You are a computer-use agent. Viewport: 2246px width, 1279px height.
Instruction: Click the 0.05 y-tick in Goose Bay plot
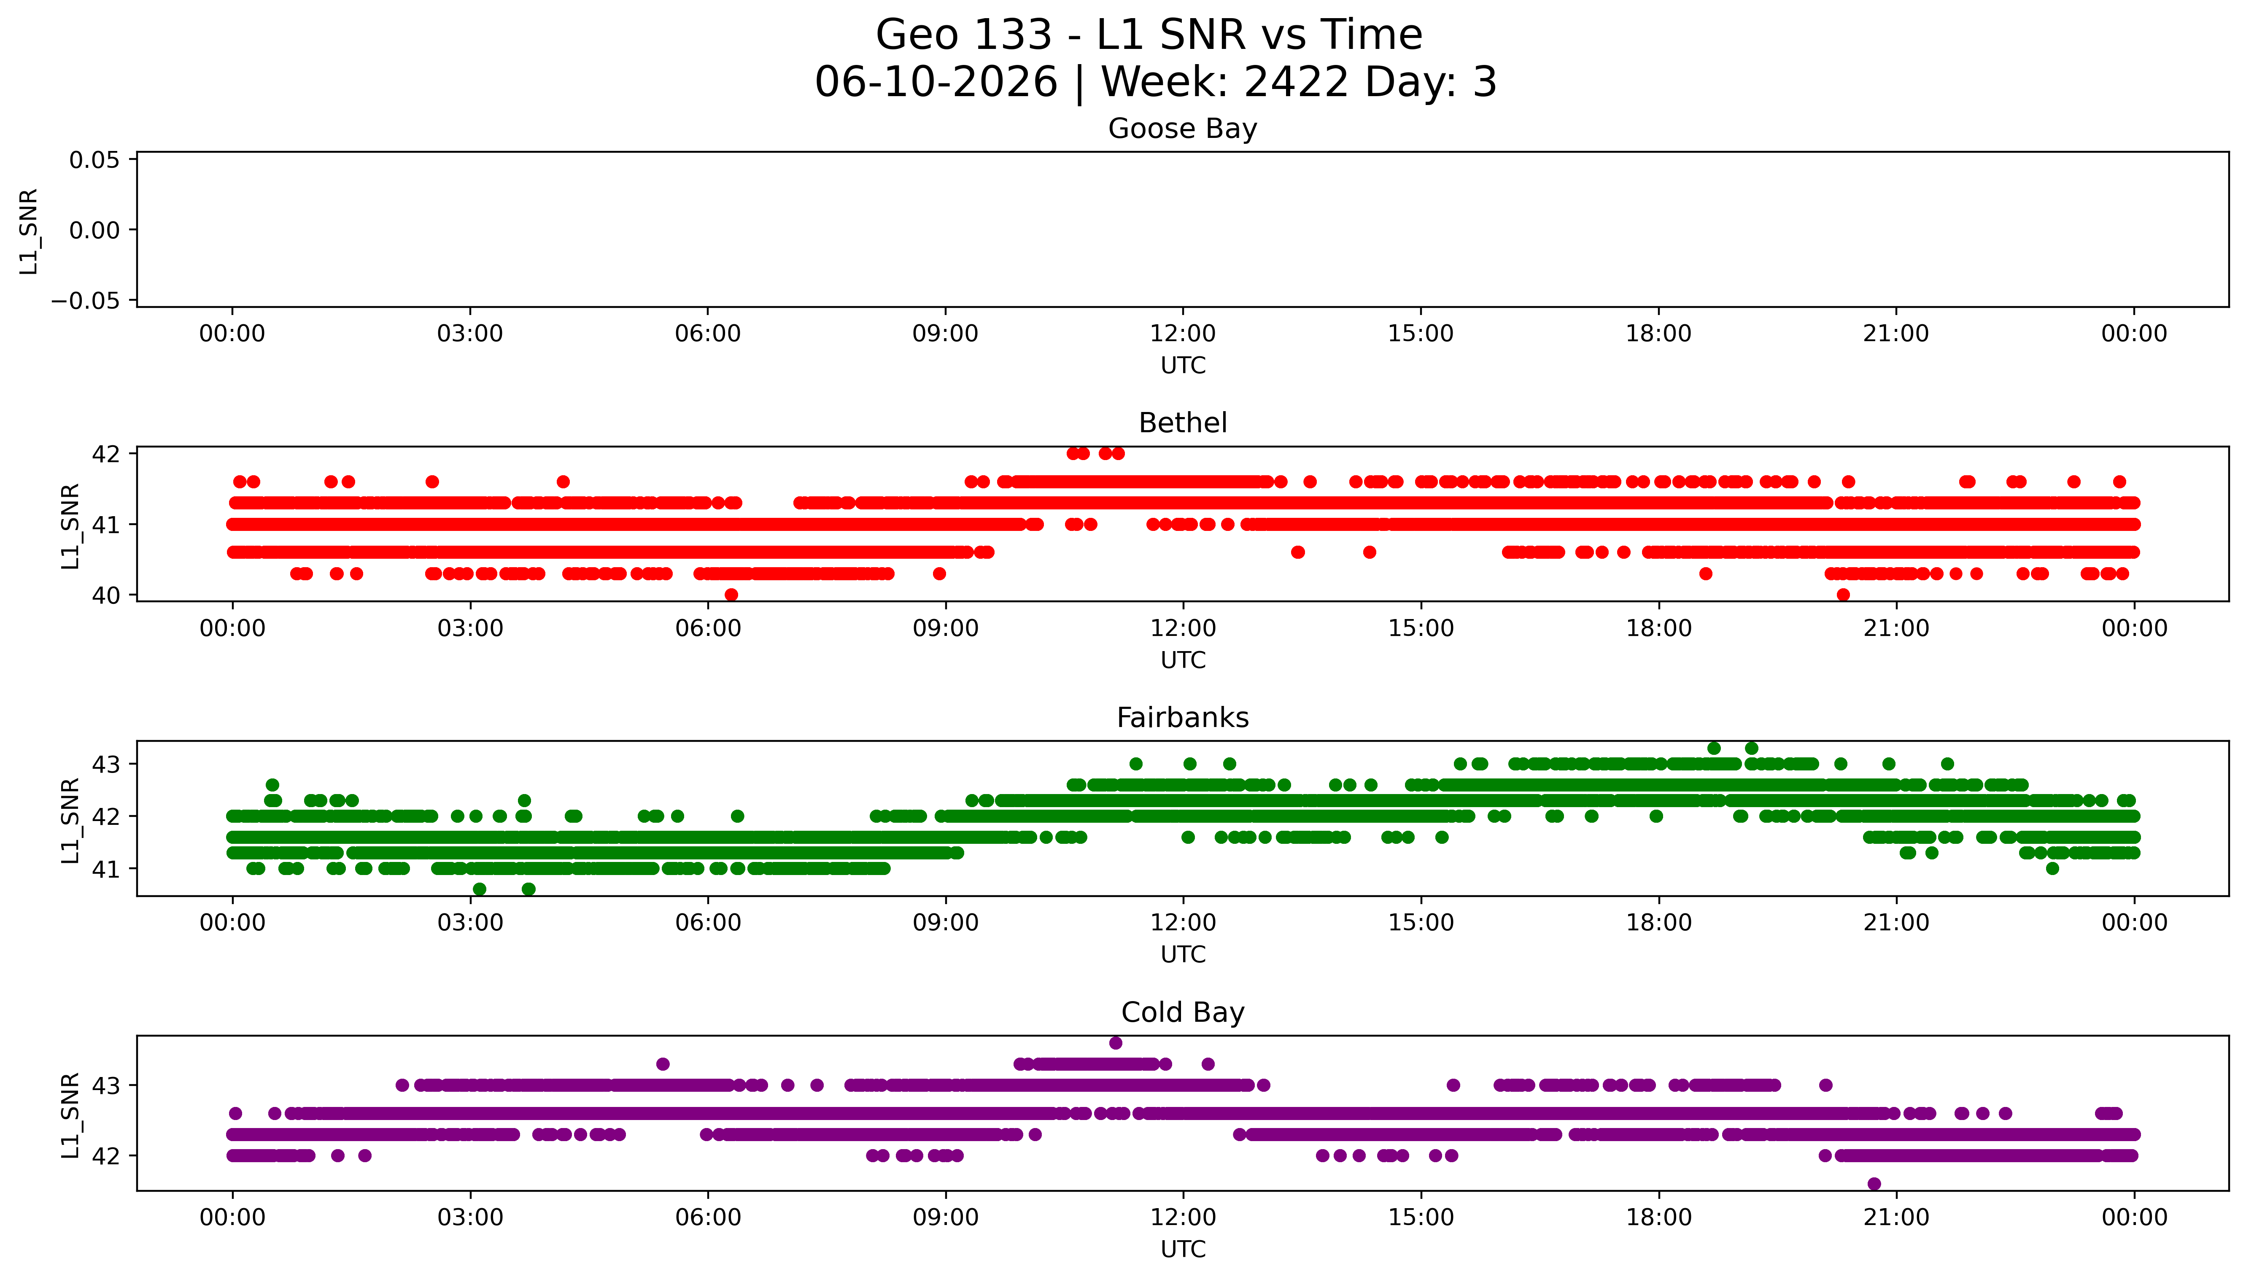(95, 160)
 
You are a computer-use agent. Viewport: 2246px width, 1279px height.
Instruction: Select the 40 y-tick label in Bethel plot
(106, 595)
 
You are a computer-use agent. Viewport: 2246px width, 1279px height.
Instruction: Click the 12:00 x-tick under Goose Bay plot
(1182, 334)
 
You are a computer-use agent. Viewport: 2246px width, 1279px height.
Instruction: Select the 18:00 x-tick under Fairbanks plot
(1658, 922)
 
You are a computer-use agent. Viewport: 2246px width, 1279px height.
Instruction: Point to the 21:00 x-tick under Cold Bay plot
(1895, 1217)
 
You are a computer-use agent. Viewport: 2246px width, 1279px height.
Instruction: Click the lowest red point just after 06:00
(731, 595)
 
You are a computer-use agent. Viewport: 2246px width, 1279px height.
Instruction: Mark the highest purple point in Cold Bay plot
(1116, 1043)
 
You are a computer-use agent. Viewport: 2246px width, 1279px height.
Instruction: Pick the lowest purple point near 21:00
(1874, 1183)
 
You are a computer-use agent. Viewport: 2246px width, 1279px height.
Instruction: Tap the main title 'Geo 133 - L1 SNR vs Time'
(1149, 35)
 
